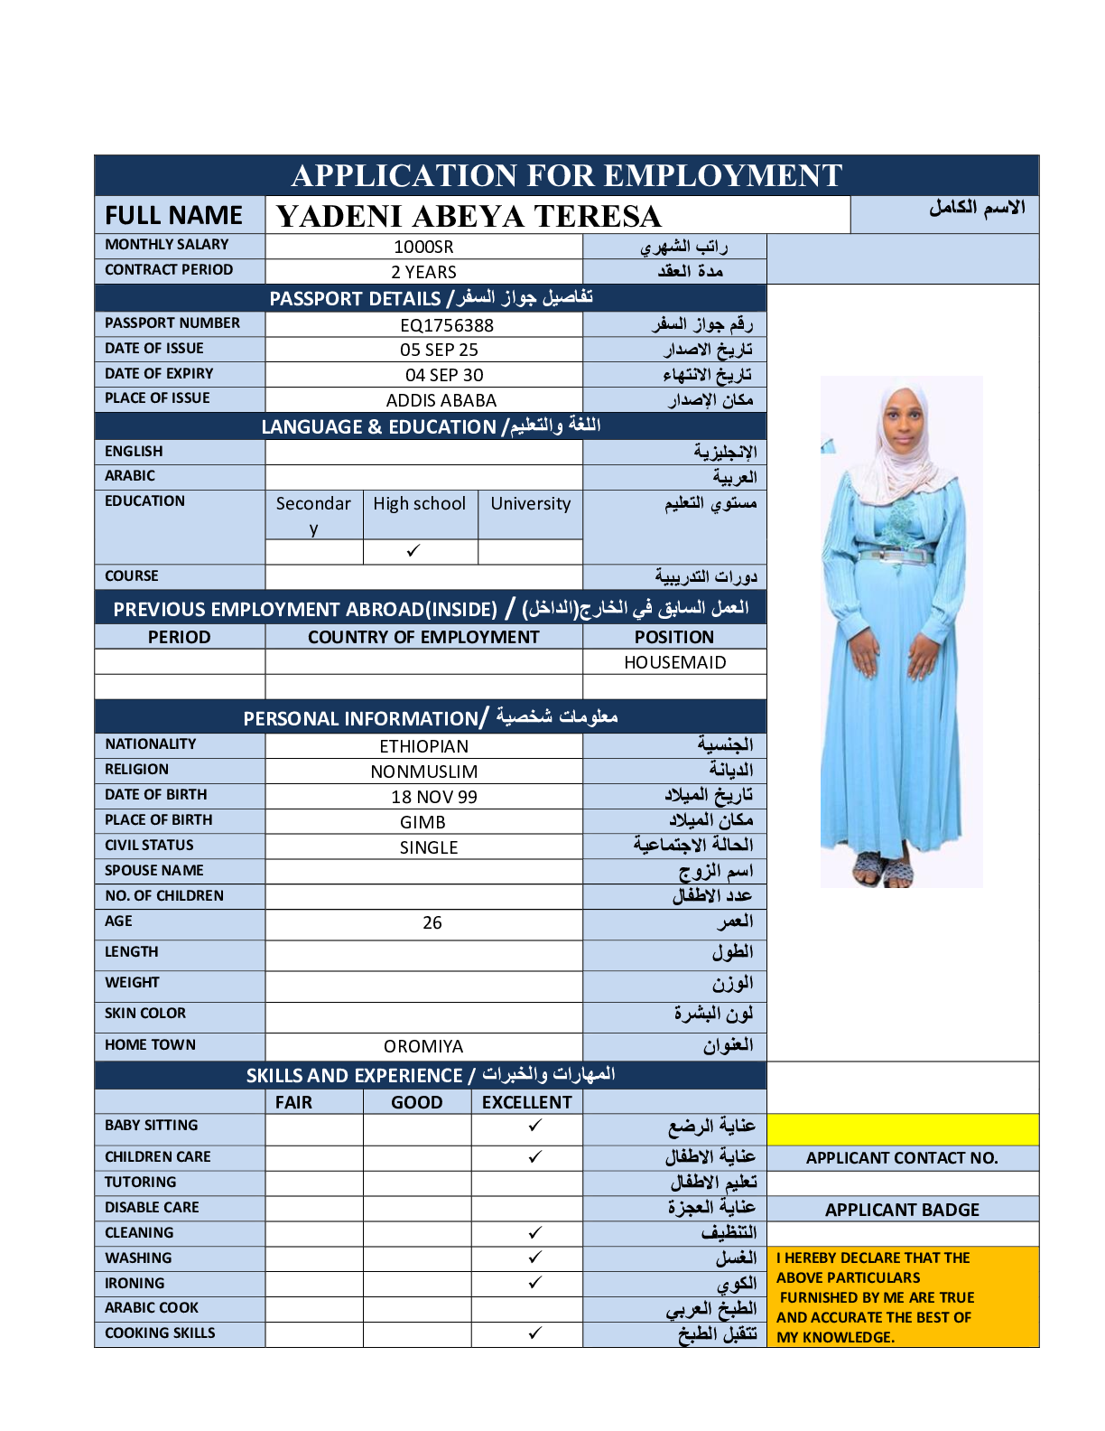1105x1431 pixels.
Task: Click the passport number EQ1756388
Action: coord(446,325)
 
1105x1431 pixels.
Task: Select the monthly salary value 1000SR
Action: coord(423,248)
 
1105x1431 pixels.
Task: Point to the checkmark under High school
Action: coord(413,550)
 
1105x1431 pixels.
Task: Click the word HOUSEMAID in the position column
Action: coord(674,663)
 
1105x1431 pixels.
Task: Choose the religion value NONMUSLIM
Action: coord(424,772)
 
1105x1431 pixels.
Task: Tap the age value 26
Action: coord(432,923)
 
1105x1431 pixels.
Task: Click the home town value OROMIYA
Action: coord(423,1046)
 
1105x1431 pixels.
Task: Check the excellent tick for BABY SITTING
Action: coord(534,1126)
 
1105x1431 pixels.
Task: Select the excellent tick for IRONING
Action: coord(534,1283)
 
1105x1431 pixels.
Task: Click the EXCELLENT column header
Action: coord(526,1102)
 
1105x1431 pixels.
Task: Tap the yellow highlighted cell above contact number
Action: coord(902,1129)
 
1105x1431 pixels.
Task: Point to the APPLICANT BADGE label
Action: coord(902,1211)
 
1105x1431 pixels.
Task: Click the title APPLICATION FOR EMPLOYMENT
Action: coord(567,175)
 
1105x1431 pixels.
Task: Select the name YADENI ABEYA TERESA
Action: coord(469,217)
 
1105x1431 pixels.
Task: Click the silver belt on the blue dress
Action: coord(895,556)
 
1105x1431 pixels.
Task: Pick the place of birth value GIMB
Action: coord(422,822)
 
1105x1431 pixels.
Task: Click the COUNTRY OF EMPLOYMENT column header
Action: coord(423,638)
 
